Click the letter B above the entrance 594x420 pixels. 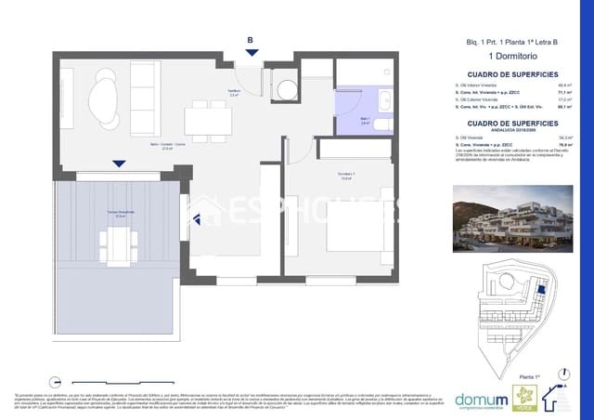pyautogui.click(x=250, y=40)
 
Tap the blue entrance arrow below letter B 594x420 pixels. pyautogui.click(x=250, y=53)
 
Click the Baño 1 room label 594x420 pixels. pyautogui.click(x=365, y=121)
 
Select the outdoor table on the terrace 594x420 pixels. pyautogui.click(x=117, y=244)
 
